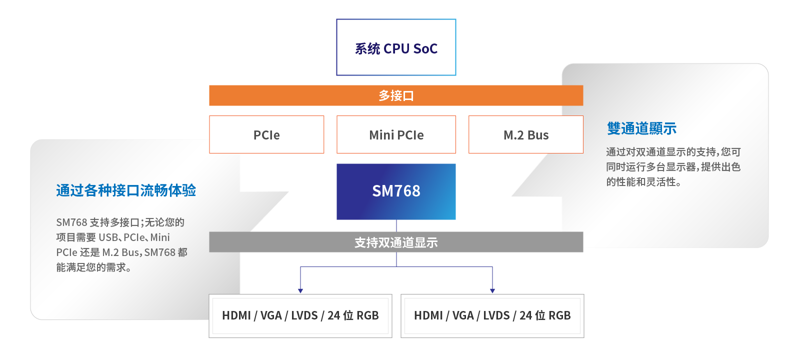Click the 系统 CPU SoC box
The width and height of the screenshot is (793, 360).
tap(396, 47)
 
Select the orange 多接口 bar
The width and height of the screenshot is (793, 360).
tap(396, 95)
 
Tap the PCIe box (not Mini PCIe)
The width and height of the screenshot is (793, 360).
tap(266, 135)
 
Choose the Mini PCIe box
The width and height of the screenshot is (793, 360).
tap(396, 135)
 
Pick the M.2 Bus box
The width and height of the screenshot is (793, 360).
tap(526, 135)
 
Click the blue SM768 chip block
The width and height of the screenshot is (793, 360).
tap(396, 191)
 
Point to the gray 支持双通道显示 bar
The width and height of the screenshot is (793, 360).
tap(396, 242)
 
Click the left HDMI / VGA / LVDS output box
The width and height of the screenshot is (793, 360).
tap(300, 315)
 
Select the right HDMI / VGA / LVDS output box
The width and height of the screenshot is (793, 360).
tap(492, 315)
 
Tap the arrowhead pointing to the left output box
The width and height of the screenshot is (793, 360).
tap(300, 290)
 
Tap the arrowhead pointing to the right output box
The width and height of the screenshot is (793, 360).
tap(492, 290)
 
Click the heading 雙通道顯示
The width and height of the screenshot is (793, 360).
tap(641, 128)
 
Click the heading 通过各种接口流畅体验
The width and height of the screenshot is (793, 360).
tap(126, 190)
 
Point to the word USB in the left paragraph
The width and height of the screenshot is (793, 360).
tap(108, 237)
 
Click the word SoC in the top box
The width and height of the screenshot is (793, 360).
tap(425, 49)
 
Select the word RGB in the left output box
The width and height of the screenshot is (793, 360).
tap(367, 315)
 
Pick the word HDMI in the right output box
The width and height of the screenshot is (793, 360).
tap(428, 315)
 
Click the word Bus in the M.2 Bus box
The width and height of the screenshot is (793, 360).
tap(538, 135)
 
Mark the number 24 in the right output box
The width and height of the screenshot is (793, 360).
tap(525, 315)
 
